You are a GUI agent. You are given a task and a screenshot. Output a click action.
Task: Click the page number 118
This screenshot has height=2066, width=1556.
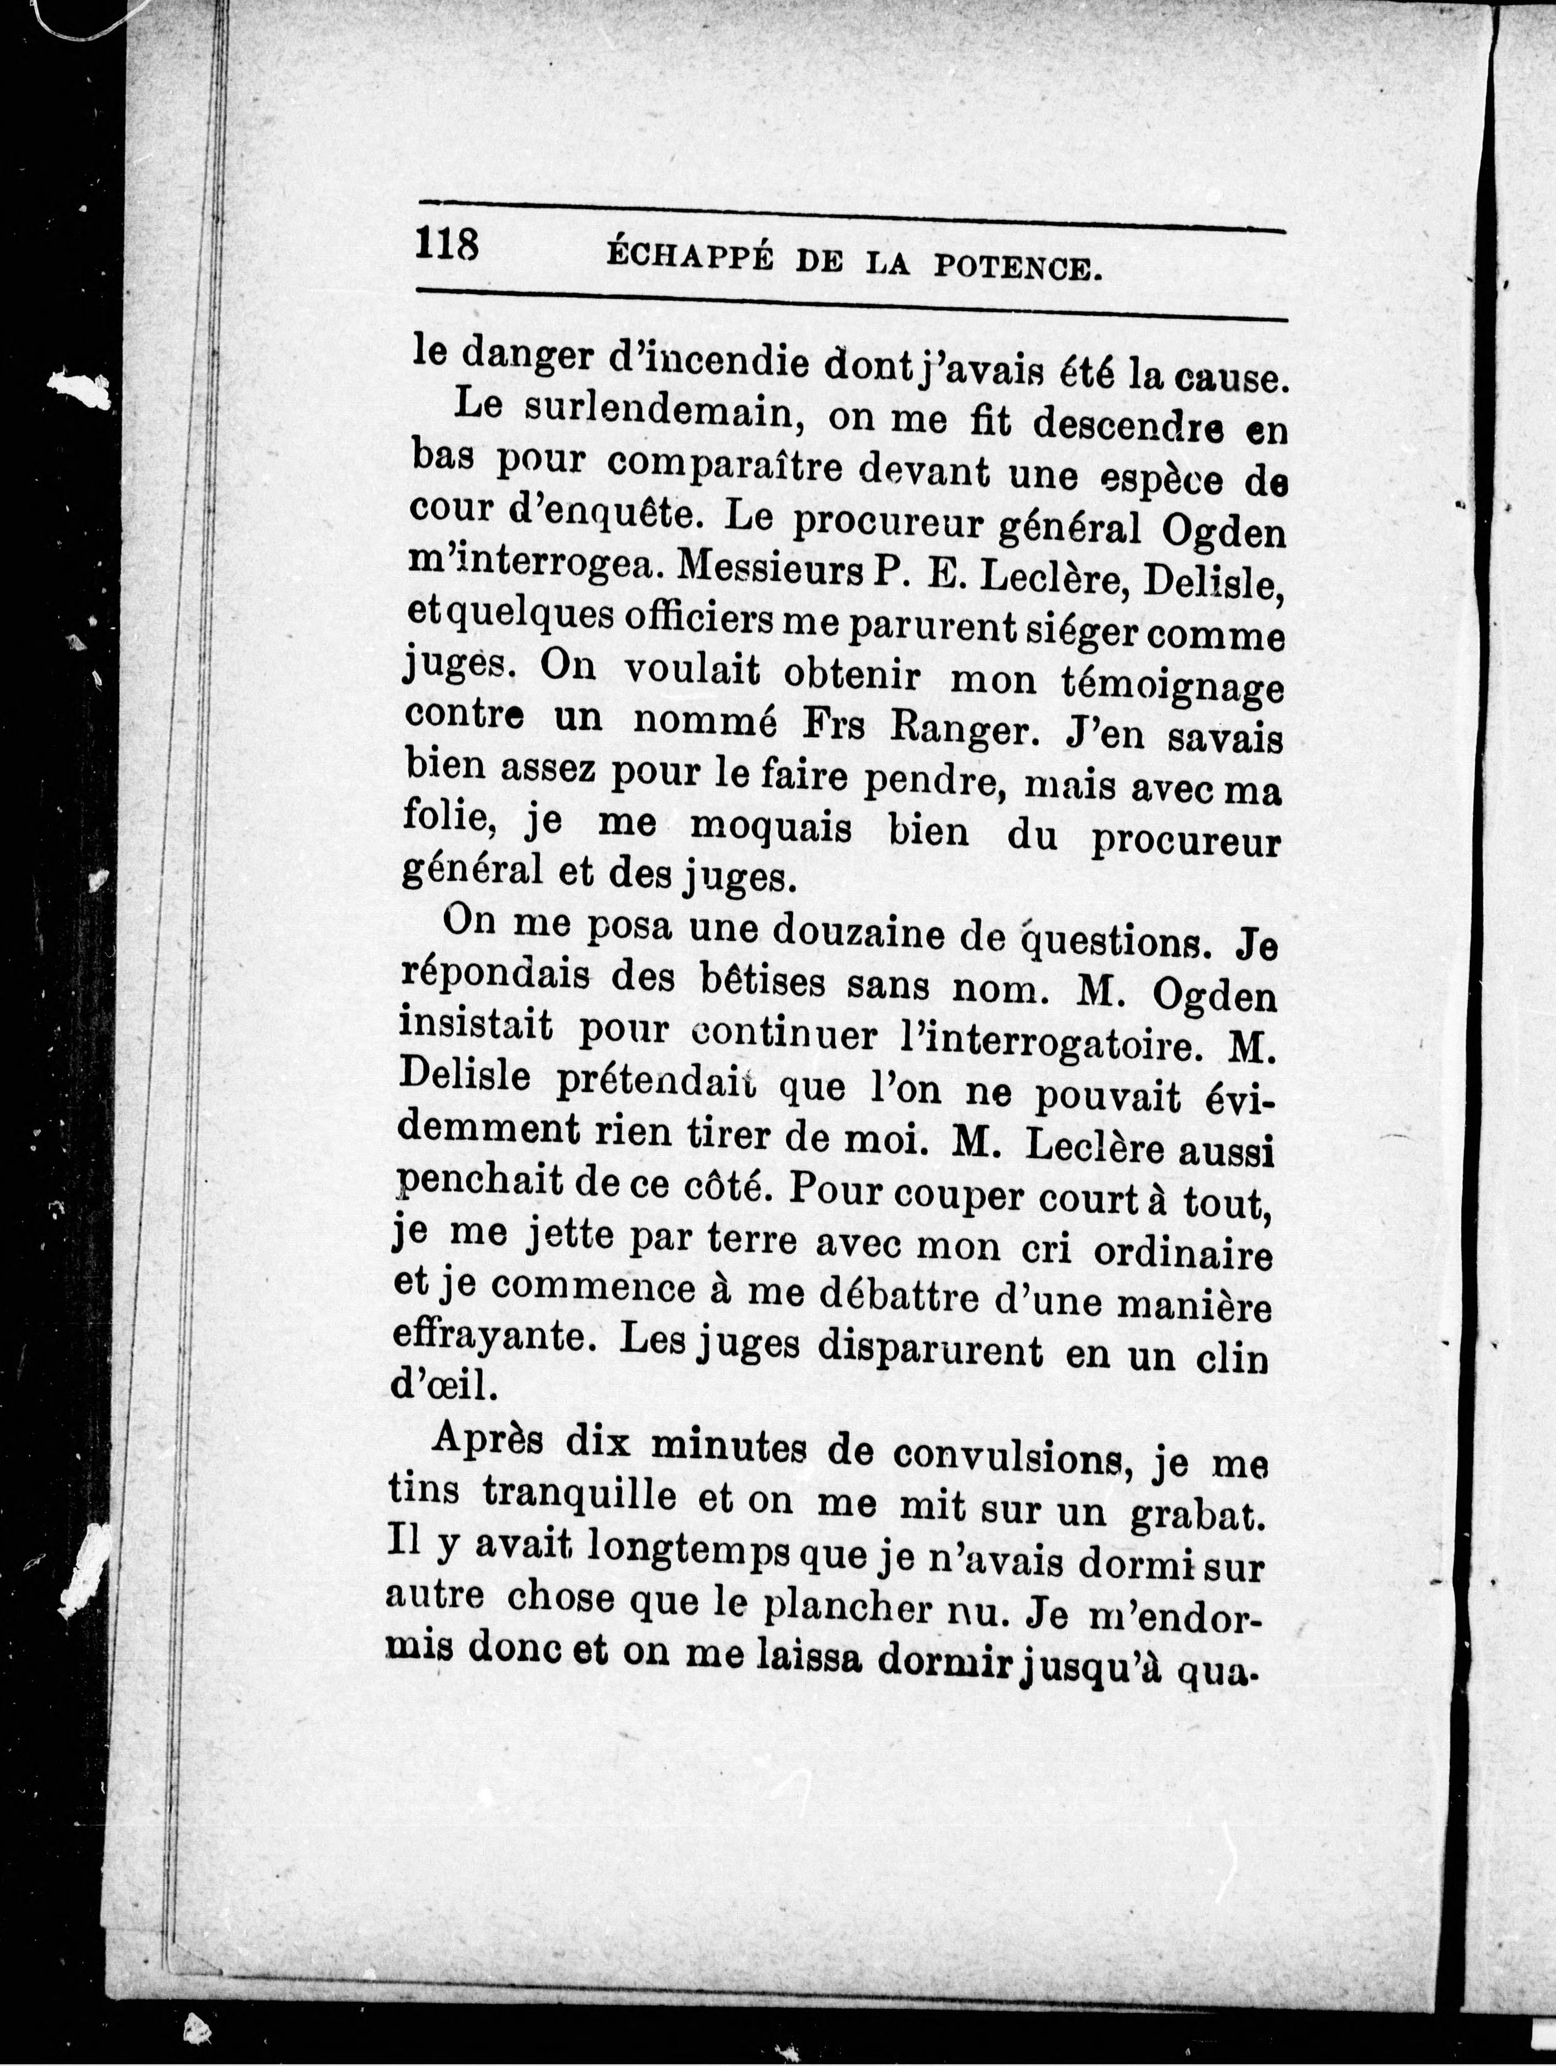click(x=447, y=249)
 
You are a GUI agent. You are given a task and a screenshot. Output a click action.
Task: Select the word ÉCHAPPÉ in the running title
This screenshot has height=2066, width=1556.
click(x=689, y=258)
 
